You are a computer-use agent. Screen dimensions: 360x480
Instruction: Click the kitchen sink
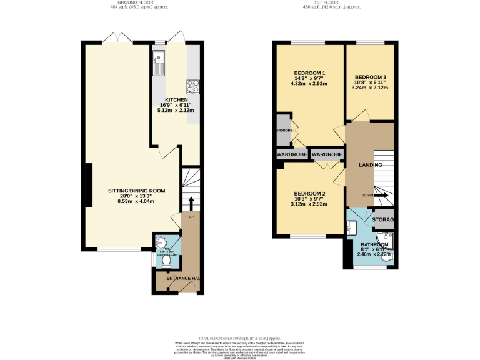[x=158, y=63]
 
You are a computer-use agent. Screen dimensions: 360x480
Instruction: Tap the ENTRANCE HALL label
[x=178, y=278]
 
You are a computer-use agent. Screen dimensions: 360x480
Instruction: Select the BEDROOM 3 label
[x=370, y=77]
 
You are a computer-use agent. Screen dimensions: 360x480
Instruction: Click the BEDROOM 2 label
[x=311, y=193]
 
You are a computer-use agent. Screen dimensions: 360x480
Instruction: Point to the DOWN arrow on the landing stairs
[x=381, y=195]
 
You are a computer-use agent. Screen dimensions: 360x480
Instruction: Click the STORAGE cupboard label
[x=382, y=221]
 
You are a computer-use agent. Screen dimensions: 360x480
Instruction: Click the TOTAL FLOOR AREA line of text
[x=241, y=337]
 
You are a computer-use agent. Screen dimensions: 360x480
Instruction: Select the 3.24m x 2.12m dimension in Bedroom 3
[x=370, y=88]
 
